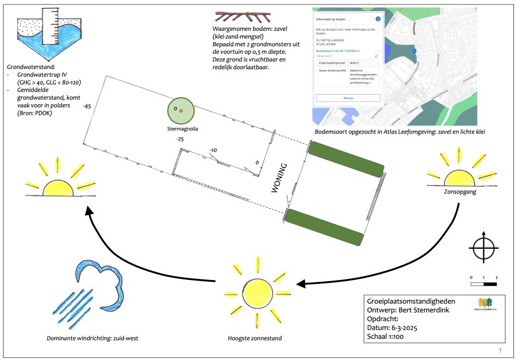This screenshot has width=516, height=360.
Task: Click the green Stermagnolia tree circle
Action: [181, 111]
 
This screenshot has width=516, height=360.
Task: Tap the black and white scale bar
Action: [483, 284]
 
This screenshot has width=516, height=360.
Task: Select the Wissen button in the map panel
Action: [348, 98]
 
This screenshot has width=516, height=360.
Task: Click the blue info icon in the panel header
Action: [378, 19]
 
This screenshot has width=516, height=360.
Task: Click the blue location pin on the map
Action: [414, 51]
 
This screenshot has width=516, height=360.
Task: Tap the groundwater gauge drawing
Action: [49, 36]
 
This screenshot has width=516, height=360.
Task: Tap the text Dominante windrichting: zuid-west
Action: [92, 338]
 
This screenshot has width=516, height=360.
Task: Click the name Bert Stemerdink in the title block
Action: [424, 310]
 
